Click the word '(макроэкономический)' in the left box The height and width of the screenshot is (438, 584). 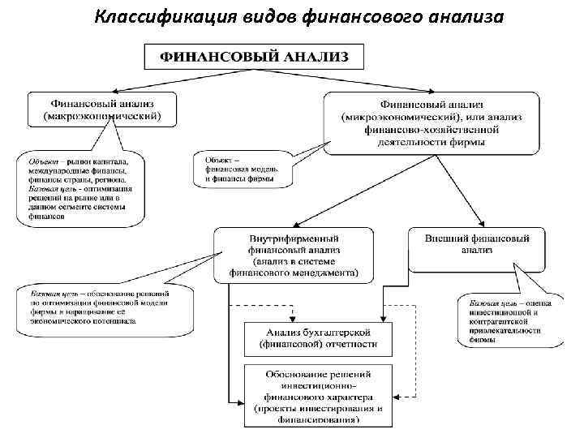click(103, 117)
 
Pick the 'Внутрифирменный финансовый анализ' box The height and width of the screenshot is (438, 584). click(294, 255)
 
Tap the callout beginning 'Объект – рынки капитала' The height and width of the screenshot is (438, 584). click(80, 187)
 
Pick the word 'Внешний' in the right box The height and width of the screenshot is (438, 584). click(445, 238)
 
